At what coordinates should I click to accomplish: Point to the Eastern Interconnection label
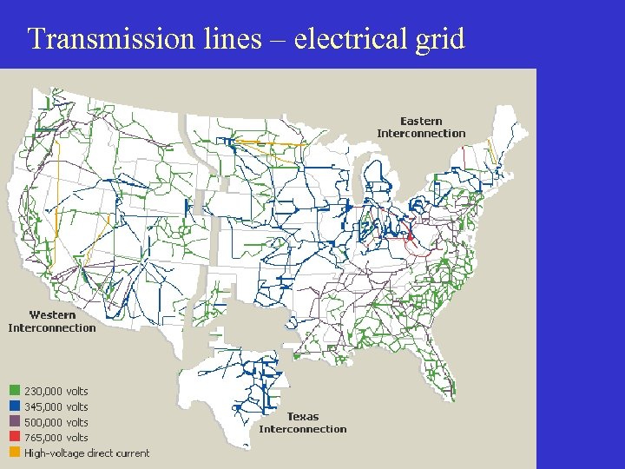421,127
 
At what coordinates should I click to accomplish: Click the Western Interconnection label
52,321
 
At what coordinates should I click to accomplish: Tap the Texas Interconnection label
303,423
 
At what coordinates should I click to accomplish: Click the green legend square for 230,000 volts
15,392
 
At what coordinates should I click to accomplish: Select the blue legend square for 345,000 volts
15,406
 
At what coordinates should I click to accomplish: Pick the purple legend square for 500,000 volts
15,422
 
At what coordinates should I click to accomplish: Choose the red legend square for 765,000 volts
15,438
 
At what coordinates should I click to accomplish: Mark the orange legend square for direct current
15,452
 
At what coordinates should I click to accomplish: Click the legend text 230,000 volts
56,392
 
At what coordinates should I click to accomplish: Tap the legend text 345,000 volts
56,406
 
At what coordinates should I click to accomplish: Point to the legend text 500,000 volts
56,422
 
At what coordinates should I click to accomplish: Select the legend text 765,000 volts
56,438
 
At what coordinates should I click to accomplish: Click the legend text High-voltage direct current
87,452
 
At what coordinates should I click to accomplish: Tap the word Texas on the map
303,417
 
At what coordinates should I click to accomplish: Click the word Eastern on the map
421,121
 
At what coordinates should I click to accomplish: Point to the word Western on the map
52,315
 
